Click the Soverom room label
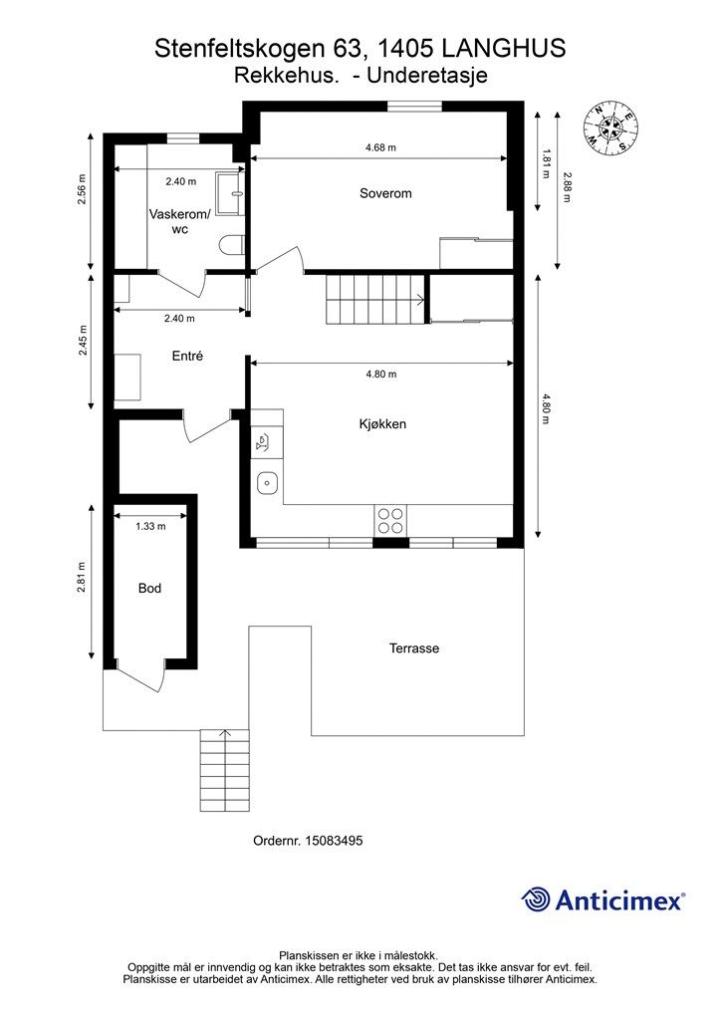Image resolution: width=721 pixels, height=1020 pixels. [x=385, y=193]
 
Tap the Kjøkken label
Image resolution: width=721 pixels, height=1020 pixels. [x=382, y=424]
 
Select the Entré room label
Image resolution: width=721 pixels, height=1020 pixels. [x=187, y=356]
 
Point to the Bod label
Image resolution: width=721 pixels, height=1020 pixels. [x=149, y=588]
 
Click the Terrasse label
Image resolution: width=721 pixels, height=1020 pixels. [x=414, y=647]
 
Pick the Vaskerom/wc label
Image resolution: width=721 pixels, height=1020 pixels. [x=179, y=221]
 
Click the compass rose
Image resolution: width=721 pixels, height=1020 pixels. [x=609, y=128]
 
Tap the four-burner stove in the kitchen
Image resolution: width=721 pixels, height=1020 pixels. [x=390, y=520]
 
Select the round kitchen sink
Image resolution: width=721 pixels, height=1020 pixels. [x=267, y=483]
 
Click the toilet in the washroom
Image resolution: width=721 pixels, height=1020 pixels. [x=231, y=247]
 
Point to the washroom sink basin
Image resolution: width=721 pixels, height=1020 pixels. [x=229, y=193]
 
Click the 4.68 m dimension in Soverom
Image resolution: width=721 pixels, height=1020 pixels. [x=380, y=147]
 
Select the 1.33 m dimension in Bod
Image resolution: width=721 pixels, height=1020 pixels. [x=150, y=526]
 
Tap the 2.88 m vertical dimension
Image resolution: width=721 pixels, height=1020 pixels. [x=567, y=187]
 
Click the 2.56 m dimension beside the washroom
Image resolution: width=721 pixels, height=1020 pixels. [x=82, y=189]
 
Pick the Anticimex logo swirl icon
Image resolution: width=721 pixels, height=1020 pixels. [x=536, y=899]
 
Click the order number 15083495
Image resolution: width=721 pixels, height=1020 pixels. [x=335, y=841]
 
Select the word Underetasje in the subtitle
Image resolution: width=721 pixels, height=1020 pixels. [x=427, y=76]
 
